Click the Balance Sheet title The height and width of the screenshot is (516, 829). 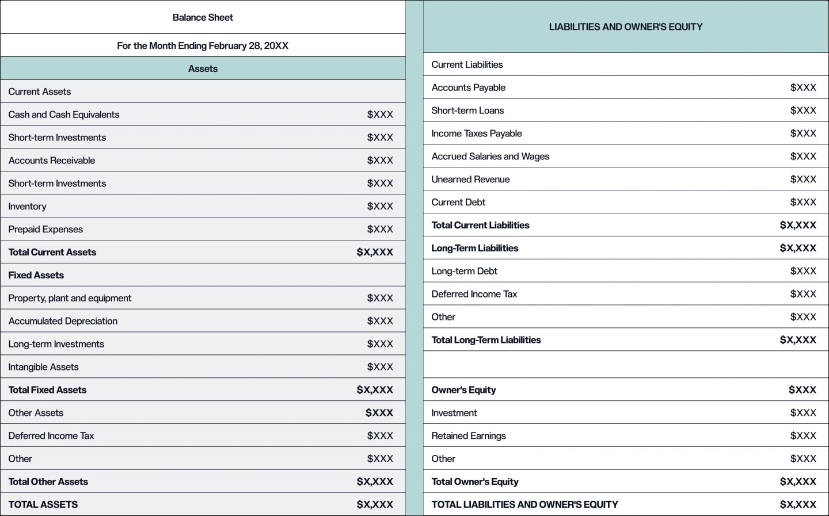click(x=203, y=17)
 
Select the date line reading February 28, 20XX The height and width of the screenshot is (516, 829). click(x=203, y=45)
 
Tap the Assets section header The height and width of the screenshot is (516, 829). click(x=203, y=68)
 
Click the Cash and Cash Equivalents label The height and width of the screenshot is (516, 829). click(x=64, y=114)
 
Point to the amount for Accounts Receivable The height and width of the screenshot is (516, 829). click(x=380, y=160)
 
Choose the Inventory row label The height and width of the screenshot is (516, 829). click(x=27, y=206)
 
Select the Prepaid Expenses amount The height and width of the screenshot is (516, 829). click(x=380, y=229)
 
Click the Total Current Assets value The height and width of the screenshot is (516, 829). click(x=375, y=252)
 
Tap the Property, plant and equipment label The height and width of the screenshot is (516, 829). click(x=70, y=298)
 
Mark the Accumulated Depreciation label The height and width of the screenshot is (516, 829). click(x=63, y=321)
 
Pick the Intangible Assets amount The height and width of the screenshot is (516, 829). click(x=380, y=367)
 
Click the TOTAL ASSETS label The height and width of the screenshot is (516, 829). click(x=43, y=504)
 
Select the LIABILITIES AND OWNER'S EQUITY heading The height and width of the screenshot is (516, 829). click(x=626, y=26)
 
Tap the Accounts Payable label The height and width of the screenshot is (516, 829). click(x=469, y=87)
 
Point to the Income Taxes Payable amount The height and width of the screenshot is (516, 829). click(x=803, y=133)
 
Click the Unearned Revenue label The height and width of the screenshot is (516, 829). click(x=470, y=179)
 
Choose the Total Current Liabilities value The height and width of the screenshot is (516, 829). click(x=798, y=225)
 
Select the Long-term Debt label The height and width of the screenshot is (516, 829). click(x=464, y=271)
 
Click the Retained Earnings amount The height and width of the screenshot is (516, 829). click(x=803, y=435)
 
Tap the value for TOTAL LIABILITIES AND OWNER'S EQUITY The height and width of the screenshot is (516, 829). click(x=798, y=504)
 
